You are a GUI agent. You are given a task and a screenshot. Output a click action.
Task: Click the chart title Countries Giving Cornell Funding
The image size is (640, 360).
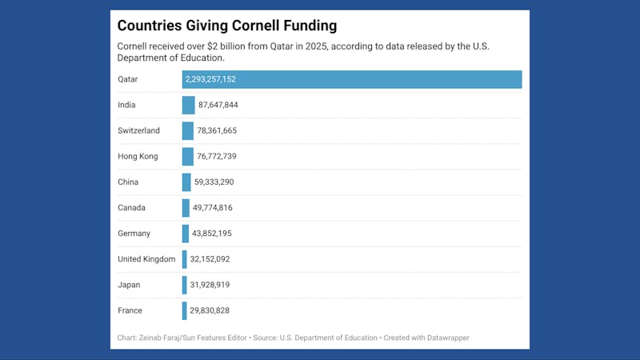click(226, 26)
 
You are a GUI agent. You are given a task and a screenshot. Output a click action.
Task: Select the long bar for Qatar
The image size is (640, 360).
click(352, 79)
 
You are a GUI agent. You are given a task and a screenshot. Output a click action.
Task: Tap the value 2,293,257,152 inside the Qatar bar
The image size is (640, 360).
click(210, 79)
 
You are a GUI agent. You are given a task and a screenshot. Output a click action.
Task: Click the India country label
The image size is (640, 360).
click(126, 105)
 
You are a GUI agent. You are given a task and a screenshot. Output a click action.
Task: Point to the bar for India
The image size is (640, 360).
click(188, 105)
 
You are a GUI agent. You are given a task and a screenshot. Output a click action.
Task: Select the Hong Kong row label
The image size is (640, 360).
click(138, 156)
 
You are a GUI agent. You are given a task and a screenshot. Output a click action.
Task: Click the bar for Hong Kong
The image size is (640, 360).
click(187, 156)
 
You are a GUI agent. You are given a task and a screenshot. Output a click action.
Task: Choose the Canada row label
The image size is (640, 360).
click(131, 208)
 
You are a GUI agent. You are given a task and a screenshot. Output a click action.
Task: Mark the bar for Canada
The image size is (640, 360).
click(186, 208)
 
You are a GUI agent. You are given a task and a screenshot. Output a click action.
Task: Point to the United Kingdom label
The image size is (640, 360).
click(146, 259)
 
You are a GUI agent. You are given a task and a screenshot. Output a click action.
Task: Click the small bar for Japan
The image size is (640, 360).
click(184, 285)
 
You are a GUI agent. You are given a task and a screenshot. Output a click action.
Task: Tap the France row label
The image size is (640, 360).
click(130, 310)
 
